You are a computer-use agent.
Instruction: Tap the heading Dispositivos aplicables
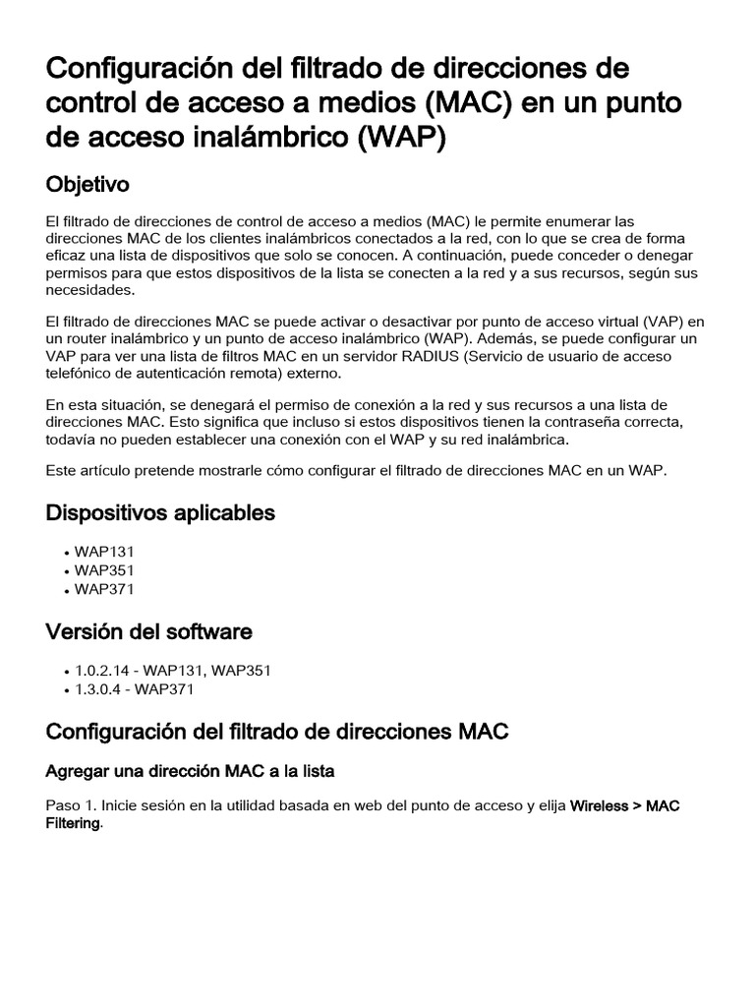(160, 513)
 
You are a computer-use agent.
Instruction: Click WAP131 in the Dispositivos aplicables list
(104, 552)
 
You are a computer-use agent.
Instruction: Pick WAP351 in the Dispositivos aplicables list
(104, 570)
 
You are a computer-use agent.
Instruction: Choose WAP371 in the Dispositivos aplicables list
(104, 590)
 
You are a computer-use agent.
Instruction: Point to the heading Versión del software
(149, 631)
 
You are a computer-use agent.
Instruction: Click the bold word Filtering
(73, 824)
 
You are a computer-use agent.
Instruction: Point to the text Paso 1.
(74, 806)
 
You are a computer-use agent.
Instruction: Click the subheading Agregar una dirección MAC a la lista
(191, 772)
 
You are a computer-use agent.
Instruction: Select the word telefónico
(83, 374)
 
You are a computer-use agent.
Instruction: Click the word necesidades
(87, 291)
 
